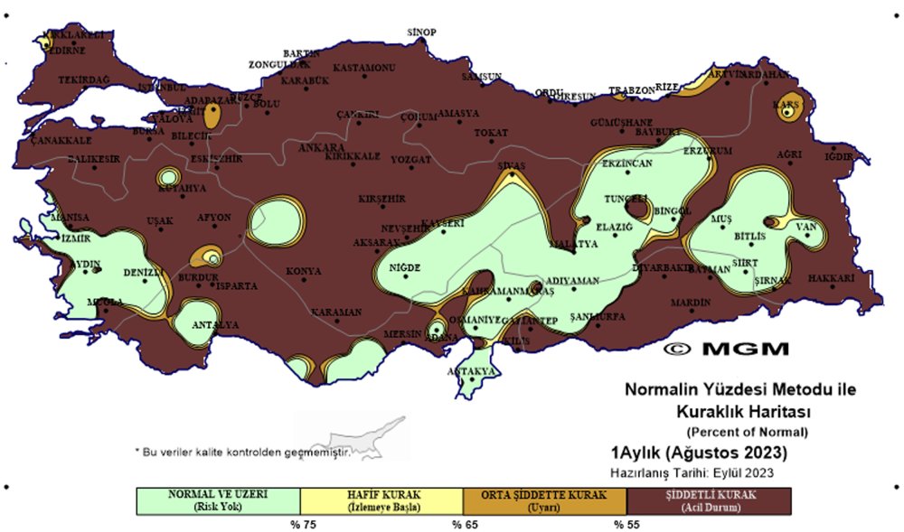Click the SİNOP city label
click(422, 33)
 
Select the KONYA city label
click(304, 271)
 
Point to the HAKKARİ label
click(831, 278)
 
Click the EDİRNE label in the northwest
click(66, 51)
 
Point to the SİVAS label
click(512, 166)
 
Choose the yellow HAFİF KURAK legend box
click(381, 500)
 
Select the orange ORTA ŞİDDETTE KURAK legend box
click(544, 500)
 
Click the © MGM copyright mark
click(727, 348)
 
